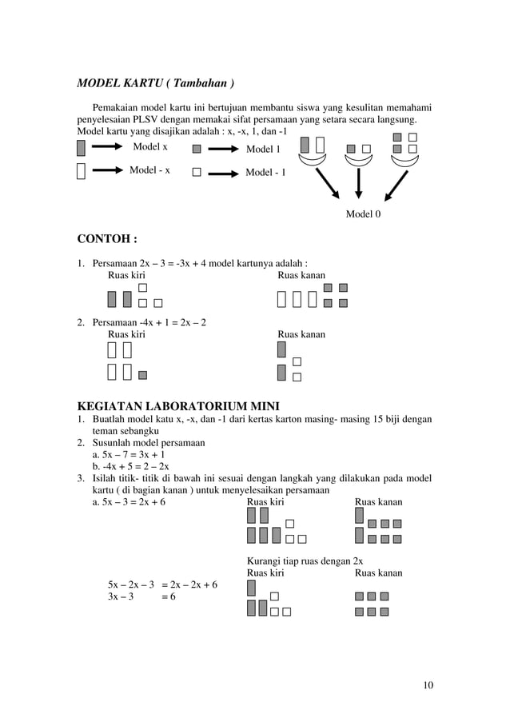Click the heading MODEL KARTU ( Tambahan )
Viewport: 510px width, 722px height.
click(155, 83)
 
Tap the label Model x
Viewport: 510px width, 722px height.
click(149, 147)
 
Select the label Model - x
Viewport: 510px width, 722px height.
click(149, 170)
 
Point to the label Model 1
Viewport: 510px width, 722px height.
click(263, 149)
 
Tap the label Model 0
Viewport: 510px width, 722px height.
click(363, 214)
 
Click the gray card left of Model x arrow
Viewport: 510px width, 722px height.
click(81, 148)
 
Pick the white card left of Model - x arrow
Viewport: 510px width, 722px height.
click(81, 172)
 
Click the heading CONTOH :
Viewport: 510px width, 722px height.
click(106, 238)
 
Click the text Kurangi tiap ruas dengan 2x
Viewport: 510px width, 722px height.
click(305, 560)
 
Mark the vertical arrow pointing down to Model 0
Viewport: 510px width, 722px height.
click(359, 181)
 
